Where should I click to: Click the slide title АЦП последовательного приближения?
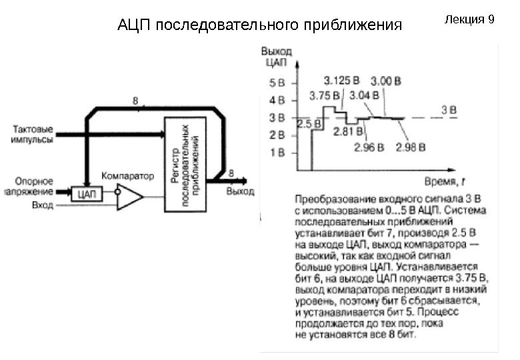260,26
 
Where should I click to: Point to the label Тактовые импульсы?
34,135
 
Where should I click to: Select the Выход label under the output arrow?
240,192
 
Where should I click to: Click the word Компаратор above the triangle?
127,176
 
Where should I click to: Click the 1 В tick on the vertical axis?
277,152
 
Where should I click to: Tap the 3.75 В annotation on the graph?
325,95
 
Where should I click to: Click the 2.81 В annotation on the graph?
346,131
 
